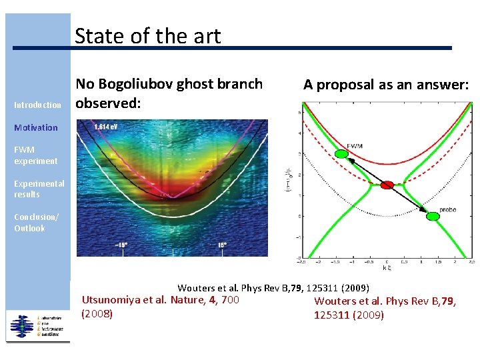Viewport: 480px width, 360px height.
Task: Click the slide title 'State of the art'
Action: tap(147, 36)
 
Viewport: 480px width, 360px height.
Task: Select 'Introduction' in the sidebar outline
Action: tap(37, 105)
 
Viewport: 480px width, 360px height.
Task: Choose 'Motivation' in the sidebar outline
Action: tap(36, 127)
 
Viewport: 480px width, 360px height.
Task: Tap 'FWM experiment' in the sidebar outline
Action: tap(35, 155)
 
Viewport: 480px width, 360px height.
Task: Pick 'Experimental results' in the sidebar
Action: tap(39, 189)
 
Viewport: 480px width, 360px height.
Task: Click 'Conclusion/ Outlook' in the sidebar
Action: tap(36, 223)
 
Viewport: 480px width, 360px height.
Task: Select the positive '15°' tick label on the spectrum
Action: tap(222, 245)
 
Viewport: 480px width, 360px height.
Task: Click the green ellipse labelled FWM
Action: tap(341, 154)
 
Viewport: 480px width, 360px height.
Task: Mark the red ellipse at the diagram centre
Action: tap(387, 185)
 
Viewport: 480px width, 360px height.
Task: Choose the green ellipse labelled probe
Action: tap(433, 215)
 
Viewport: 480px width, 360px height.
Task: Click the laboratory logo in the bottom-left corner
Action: tap(37, 325)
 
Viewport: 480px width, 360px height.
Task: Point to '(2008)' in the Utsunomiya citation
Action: tap(97, 313)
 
